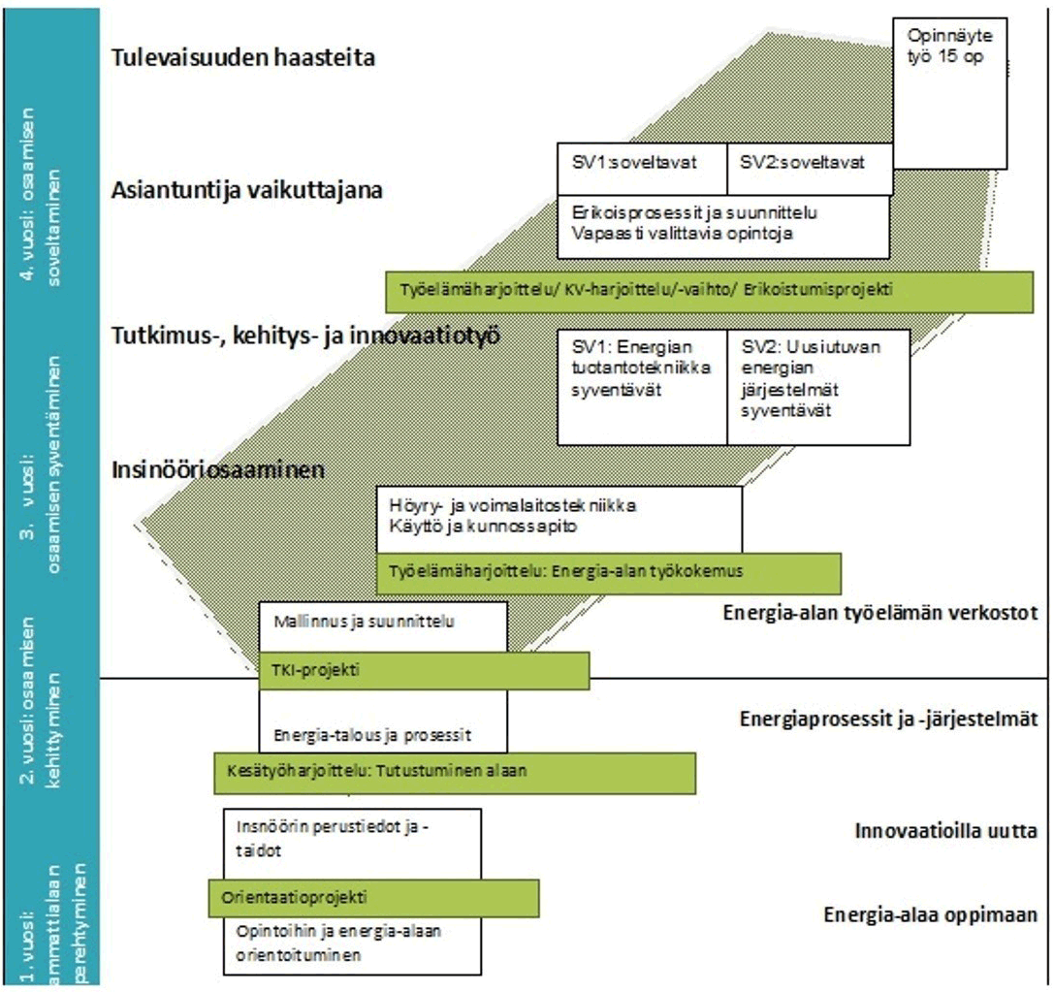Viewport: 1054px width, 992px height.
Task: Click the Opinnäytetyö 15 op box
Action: coord(949,92)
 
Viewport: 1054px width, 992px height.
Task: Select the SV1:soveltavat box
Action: coord(642,169)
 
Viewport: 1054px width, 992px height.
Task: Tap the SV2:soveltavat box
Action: coord(809,169)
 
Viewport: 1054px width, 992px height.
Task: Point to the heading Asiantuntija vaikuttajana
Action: coord(247,189)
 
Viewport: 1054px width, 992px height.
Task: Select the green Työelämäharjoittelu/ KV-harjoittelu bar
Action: coord(709,291)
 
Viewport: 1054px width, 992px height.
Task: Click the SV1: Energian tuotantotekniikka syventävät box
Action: coord(642,386)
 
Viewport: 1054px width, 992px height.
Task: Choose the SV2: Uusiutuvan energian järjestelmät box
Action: coord(818,386)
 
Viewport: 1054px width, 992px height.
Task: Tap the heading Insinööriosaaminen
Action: coord(216,470)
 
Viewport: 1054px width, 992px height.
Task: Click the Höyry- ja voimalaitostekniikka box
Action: coord(559,518)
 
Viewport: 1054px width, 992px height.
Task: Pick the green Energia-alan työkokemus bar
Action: coord(608,572)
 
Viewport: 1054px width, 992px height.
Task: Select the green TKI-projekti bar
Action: coord(424,670)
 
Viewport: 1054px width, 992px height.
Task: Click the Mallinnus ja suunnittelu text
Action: coord(365,621)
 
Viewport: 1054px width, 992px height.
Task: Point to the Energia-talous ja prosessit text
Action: coord(373,734)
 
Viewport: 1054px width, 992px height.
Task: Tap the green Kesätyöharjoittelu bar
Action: coord(454,773)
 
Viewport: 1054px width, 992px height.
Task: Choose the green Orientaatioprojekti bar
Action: coord(373,897)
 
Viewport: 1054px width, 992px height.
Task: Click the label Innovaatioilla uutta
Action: coord(946,831)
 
